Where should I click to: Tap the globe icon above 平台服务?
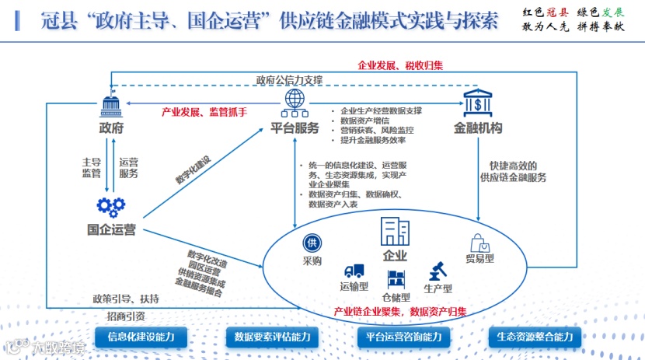point(295,100)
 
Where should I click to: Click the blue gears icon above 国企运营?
point(111,206)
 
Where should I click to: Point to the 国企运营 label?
point(111,229)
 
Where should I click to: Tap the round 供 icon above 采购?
point(312,243)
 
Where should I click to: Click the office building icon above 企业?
point(395,232)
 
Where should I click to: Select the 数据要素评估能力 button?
point(272,337)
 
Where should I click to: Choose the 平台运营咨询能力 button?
point(403,337)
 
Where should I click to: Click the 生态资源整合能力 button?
point(534,337)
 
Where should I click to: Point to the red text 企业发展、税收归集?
point(400,65)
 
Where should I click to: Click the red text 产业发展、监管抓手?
point(204,112)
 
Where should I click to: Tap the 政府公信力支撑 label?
point(289,80)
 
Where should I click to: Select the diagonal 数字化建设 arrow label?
point(192,169)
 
